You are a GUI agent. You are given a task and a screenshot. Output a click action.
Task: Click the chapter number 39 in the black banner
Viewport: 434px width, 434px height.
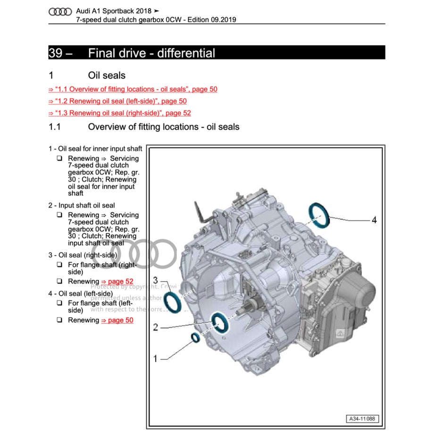55,53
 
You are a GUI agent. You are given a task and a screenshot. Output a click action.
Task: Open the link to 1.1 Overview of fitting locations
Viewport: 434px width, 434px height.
133,89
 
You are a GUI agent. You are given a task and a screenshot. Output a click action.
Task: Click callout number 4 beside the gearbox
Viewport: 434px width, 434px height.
374,220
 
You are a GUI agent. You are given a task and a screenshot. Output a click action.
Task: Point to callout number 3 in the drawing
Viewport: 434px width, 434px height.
155,280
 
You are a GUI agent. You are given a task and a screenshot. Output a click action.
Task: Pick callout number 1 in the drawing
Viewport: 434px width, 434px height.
155,359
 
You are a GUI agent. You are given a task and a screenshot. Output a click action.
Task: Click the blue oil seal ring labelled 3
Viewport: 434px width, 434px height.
173,302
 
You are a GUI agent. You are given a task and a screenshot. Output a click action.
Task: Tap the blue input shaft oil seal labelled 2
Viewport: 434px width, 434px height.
219,323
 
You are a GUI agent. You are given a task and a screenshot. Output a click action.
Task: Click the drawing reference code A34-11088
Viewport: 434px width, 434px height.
363,419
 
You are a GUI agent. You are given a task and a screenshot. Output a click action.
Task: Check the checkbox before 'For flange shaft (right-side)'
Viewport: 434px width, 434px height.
60,265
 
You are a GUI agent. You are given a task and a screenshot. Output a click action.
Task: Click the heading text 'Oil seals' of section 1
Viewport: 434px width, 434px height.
107,75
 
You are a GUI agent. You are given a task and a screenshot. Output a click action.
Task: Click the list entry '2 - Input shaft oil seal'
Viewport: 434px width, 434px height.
81,206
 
